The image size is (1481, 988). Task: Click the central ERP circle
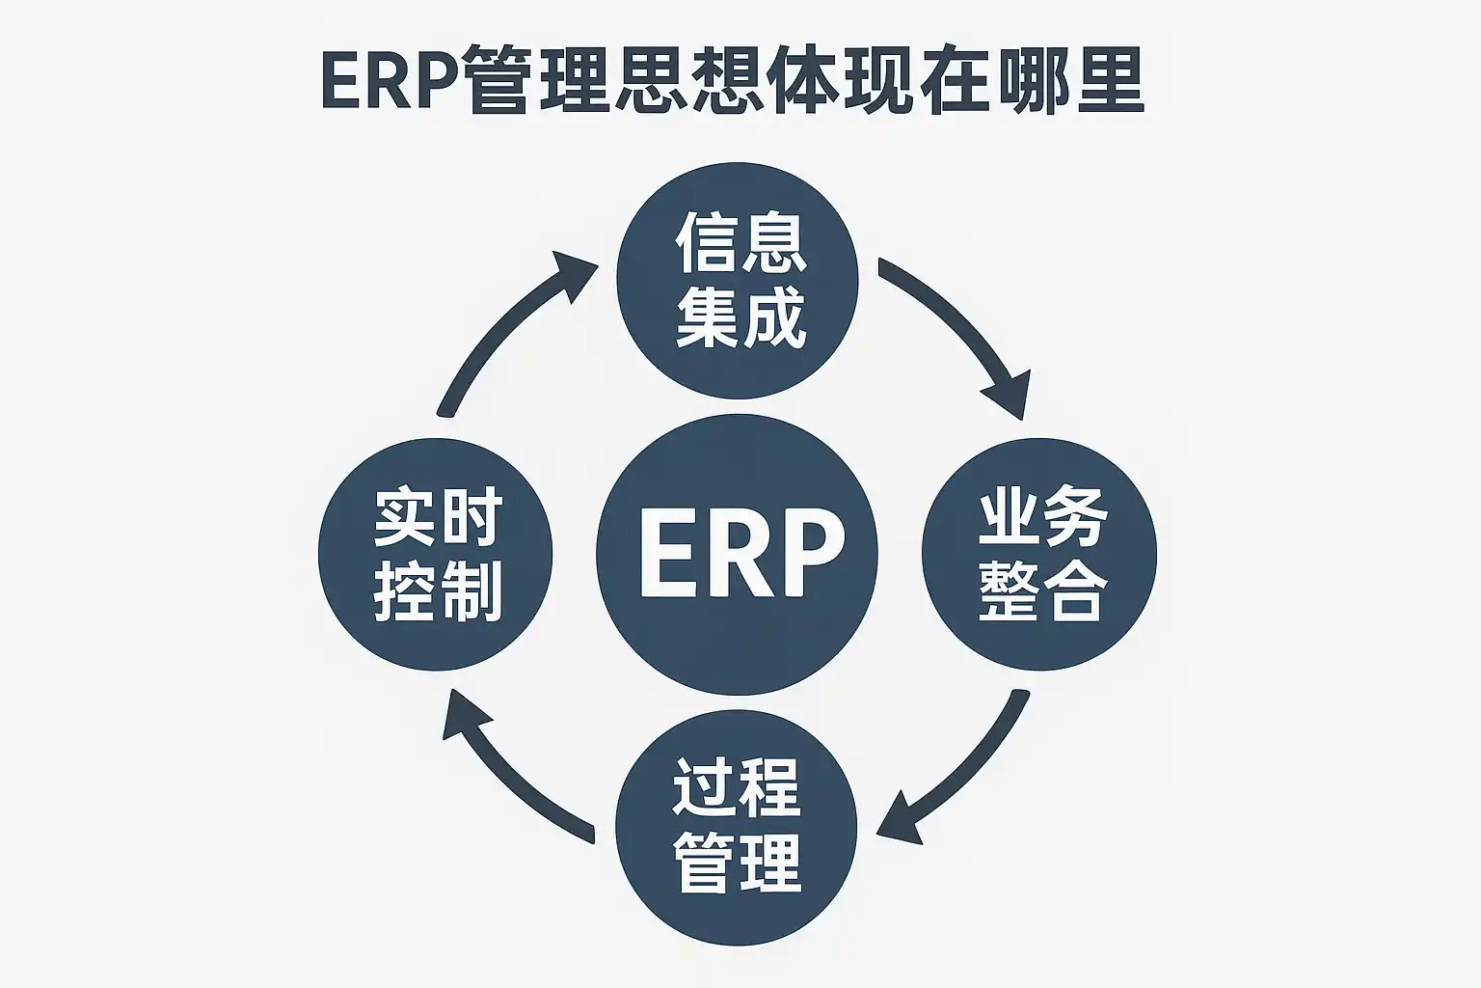coord(737,554)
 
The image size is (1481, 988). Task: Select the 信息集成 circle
coord(737,280)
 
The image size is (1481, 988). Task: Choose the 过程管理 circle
coord(737,825)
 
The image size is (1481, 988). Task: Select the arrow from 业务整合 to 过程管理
coord(964,772)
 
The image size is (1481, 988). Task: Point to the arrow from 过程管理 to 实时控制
coord(511,772)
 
